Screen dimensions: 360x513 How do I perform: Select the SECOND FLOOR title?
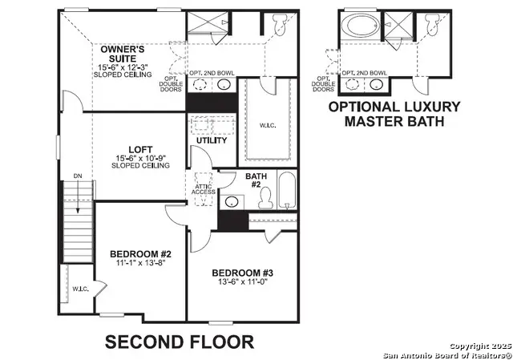pyautogui.click(x=180, y=342)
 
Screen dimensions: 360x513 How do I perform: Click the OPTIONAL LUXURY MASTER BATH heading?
pyautogui.click(x=394, y=113)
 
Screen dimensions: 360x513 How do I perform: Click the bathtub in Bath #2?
pyautogui.click(x=287, y=192)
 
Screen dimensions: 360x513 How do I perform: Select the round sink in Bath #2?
pyautogui.click(x=232, y=201)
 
